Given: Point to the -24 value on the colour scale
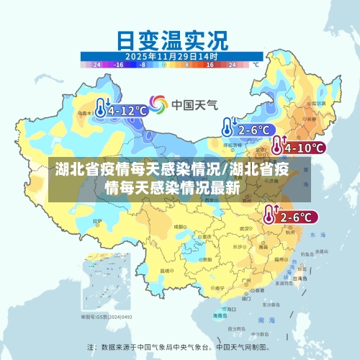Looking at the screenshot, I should (x=96, y=65).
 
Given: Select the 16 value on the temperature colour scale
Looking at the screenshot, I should (x=210, y=65).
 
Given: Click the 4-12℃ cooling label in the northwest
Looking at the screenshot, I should (x=127, y=110).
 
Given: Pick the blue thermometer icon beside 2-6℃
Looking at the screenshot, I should (x=228, y=128).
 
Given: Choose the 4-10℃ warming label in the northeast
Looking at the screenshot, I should (x=305, y=148).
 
